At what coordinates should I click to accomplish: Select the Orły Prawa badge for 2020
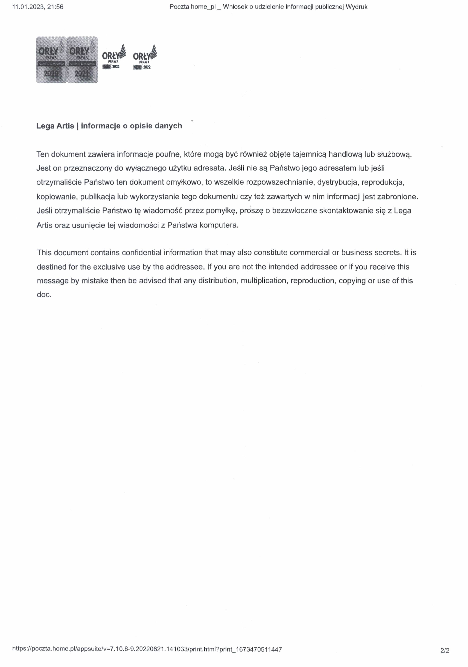tap(51, 60)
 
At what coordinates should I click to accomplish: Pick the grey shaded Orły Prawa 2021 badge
tap(82, 60)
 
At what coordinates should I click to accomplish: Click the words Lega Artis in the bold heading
tap(55, 126)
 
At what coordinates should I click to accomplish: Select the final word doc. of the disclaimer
tap(44, 295)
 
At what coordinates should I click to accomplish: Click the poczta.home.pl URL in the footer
tap(147, 649)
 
